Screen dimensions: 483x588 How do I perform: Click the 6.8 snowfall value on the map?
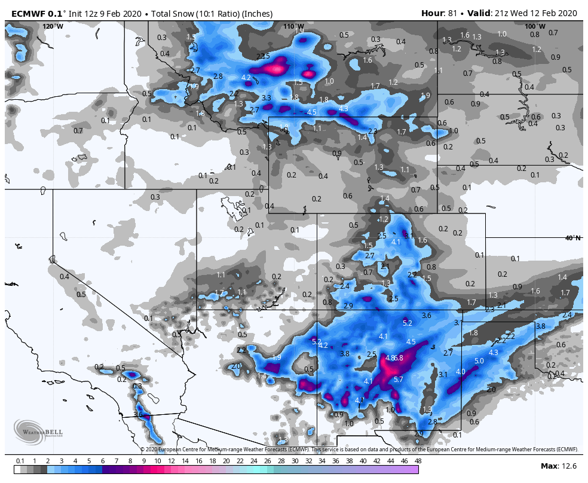click(x=399, y=358)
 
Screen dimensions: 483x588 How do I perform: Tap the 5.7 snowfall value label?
click(x=399, y=380)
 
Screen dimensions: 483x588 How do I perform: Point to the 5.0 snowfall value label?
click(x=479, y=361)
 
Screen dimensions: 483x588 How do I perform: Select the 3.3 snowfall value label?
click(x=267, y=97)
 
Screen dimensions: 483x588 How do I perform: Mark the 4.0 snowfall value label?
click(x=460, y=372)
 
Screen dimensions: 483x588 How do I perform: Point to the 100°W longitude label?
click(x=535, y=26)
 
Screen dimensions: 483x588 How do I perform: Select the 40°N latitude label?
click(x=572, y=238)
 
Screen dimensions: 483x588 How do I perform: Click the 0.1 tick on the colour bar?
click(x=20, y=461)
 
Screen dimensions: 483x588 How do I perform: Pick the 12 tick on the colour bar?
click(x=171, y=461)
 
